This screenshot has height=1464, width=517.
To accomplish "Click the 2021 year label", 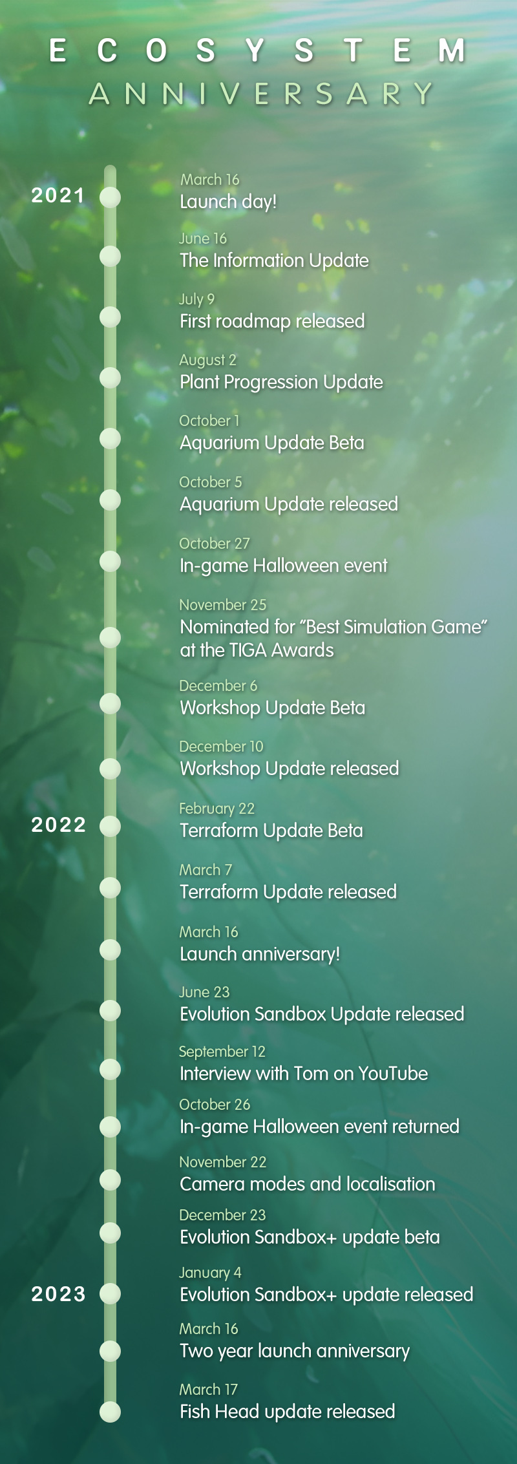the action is tap(58, 195).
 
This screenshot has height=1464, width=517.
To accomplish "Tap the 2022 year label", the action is tap(59, 825).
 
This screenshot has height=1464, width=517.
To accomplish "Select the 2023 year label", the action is tap(59, 1294).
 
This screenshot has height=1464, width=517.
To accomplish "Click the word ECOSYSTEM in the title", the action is tap(257, 50).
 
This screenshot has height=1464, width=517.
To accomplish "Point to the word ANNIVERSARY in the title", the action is tap(261, 94).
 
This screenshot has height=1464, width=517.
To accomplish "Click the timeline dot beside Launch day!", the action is tap(111, 197).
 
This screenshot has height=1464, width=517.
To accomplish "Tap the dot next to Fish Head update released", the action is tap(111, 1412).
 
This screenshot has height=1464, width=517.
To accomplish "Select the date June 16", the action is tap(203, 239).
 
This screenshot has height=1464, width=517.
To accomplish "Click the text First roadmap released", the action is tap(272, 321).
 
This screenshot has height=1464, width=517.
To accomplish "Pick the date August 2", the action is tap(207, 361).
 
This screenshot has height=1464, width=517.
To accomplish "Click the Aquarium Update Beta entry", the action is tap(272, 443).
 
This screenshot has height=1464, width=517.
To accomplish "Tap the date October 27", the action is tap(214, 544).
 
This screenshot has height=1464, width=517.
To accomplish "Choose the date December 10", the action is tap(221, 747).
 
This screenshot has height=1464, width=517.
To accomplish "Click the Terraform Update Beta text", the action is tap(271, 831).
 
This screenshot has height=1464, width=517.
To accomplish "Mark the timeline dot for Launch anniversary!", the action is tap(111, 950).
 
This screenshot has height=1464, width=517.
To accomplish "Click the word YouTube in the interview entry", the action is tap(393, 1074).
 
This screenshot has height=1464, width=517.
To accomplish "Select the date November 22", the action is tap(222, 1162).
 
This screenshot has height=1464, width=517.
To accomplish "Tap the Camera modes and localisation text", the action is tap(308, 1184).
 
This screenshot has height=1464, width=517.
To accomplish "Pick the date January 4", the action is tap(210, 1273).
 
